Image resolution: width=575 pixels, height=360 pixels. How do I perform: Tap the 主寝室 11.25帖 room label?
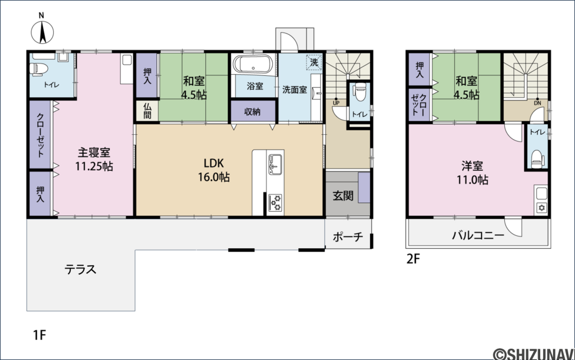pos(94,159)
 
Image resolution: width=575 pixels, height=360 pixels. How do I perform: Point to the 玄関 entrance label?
pos(343,196)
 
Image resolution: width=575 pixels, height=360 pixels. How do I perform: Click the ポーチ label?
pos(348,236)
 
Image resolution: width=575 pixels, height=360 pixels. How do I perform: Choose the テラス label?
pos(80,270)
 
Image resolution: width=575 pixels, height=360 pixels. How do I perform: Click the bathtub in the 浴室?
pos(253,64)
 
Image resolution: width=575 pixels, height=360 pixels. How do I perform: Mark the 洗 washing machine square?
pos(314,62)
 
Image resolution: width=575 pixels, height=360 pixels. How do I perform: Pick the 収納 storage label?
pos(252,112)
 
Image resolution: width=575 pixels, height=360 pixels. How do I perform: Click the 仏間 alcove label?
pos(147,111)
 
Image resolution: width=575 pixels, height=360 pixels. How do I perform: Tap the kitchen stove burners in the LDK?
pos(276,203)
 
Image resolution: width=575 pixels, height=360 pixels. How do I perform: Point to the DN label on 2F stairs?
pos(537,103)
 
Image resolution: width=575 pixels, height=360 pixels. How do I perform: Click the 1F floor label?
pos(39,336)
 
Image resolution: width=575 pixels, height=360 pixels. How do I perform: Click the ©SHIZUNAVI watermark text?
pos(533,353)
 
